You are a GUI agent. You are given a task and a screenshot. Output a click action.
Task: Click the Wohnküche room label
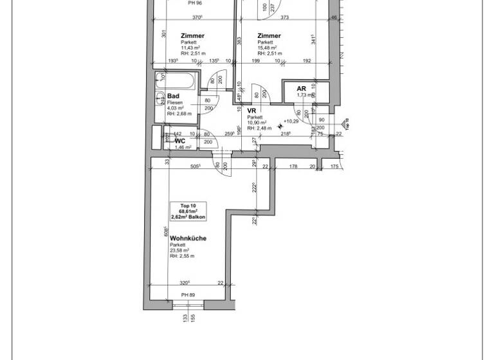(188, 238)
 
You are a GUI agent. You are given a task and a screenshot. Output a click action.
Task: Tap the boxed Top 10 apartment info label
(184, 211)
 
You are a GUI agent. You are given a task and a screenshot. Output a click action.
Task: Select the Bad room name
(173, 96)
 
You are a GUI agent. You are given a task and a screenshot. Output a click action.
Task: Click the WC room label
(180, 140)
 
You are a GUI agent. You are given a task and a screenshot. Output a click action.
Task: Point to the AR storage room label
(301, 89)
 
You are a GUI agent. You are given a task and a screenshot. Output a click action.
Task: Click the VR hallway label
(252, 111)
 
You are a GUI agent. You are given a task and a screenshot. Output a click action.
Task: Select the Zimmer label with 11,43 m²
(192, 36)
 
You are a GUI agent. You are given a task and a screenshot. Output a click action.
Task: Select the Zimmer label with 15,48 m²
(268, 36)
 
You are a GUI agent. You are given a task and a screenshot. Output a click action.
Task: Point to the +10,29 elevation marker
(291, 121)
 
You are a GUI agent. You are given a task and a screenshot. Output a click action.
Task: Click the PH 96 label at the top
(195, 3)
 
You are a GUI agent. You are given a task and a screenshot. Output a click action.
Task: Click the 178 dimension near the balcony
(293, 166)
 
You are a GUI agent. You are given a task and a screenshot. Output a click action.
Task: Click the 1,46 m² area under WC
(184, 147)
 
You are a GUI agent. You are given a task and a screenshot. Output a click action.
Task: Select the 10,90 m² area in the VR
(256, 122)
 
